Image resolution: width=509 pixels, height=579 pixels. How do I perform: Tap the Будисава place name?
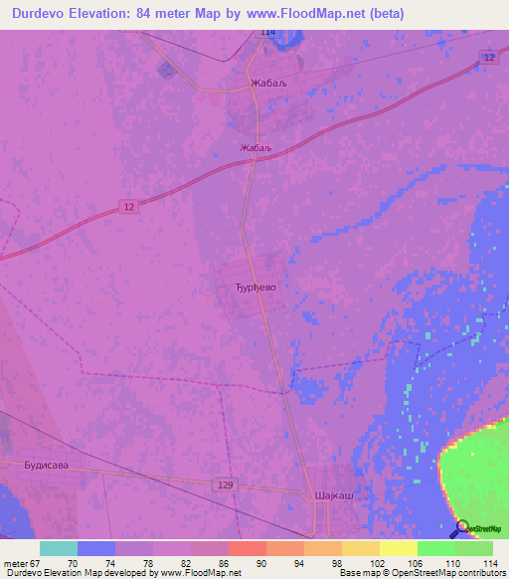coord(45,464)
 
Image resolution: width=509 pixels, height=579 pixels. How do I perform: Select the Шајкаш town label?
coord(333,494)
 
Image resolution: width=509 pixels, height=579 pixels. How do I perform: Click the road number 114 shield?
coord(267,33)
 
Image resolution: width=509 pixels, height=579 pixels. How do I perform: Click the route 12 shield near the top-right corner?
coord(487,59)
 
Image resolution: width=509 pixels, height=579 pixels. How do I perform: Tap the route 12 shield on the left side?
coord(126,206)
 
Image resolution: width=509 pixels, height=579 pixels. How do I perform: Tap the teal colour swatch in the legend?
coord(58,548)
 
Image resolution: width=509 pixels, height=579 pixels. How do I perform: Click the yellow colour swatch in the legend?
coord(398,548)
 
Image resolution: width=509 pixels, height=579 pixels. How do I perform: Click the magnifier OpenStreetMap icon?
coord(461,528)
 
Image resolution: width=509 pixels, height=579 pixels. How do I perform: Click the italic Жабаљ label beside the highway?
coord(255,148)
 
